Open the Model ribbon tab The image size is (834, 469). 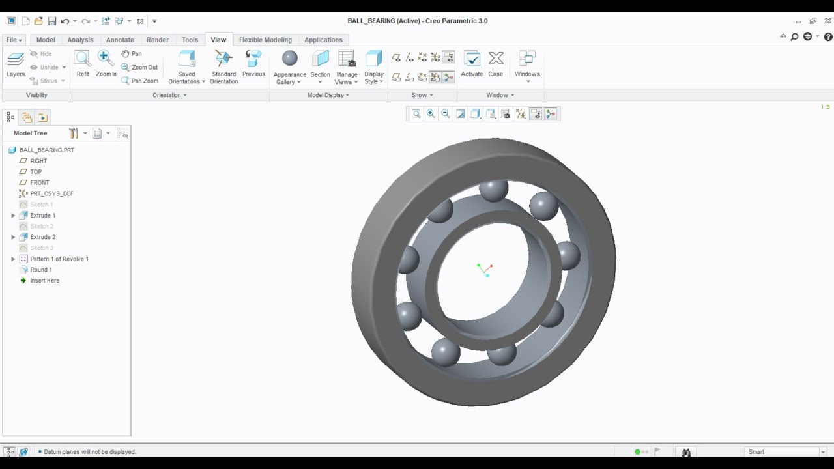46,40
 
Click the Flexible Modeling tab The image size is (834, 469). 265,40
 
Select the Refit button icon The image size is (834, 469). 82,59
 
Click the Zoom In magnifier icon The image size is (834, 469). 106,59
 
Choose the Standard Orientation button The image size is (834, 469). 223,59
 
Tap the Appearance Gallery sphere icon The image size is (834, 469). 290,59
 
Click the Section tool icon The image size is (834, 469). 320,59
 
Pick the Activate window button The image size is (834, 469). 472,59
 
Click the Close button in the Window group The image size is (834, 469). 496,59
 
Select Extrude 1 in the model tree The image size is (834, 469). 43,215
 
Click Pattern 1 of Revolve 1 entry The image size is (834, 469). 59,259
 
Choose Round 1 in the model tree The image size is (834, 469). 41,270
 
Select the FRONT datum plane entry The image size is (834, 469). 40,182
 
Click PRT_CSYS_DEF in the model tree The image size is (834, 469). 51,193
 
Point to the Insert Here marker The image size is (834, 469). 44,281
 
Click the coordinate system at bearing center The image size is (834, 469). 485,270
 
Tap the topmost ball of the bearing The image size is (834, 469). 493,190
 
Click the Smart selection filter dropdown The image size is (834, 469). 786,451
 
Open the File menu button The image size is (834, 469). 14,40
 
